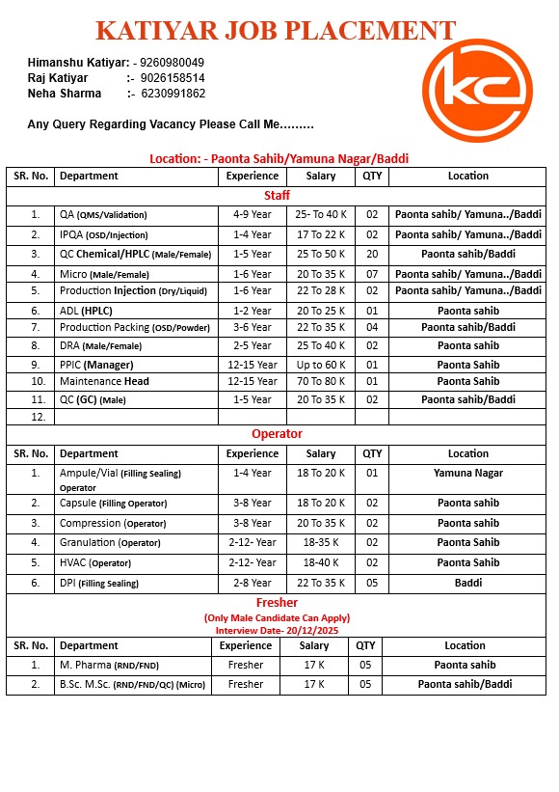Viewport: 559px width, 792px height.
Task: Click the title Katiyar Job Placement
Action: pos(276,30)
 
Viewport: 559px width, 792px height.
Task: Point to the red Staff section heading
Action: pos(277,196)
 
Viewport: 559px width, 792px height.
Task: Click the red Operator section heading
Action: pos(277,434)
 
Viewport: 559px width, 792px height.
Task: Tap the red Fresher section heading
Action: pos(277,603)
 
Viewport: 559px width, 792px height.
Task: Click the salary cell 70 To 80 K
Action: pos(321,382)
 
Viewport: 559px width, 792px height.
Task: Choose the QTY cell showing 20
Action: pos(371,254)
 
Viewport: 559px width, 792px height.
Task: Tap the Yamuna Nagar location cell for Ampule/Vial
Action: pos(467,473)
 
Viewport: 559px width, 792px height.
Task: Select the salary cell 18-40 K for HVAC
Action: pos(321,562)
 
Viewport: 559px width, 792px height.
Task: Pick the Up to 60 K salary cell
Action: pos(321,365)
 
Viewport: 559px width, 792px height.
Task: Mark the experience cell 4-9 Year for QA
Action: pos(252,215)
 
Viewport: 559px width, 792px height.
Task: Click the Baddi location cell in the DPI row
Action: pos(467,583)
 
